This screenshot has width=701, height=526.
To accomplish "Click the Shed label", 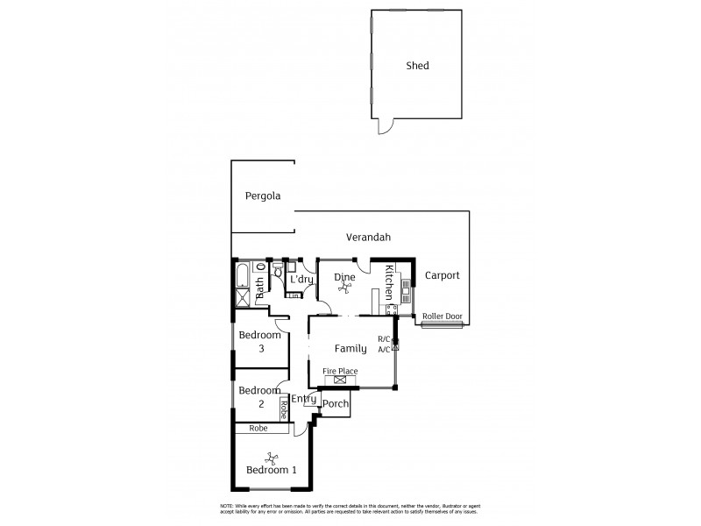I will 417,66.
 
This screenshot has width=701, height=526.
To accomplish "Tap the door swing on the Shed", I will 383,128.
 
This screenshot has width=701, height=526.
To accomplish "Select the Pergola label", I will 263,196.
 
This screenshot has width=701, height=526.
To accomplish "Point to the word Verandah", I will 368,238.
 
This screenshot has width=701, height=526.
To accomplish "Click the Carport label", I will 442,275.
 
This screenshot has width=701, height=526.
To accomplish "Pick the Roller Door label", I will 441,316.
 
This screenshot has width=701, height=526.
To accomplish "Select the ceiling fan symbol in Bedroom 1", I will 271,456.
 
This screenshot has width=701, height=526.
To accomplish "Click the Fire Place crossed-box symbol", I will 340,380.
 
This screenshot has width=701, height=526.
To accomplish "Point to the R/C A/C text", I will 384,344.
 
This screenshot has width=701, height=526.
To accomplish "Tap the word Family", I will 350,349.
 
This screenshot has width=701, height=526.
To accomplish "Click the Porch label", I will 336,404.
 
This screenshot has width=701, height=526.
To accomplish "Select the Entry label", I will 303,399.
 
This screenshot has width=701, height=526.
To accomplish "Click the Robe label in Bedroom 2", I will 284,409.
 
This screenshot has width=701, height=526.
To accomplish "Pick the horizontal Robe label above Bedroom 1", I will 258,430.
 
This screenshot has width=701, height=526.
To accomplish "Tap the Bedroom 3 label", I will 260,342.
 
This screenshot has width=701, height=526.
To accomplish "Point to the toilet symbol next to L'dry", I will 277,272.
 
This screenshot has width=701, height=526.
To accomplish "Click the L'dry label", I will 301,280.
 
